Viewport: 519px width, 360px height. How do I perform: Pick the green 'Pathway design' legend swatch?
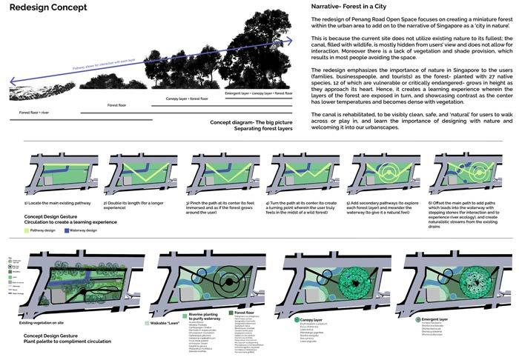[x=27, y=230]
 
